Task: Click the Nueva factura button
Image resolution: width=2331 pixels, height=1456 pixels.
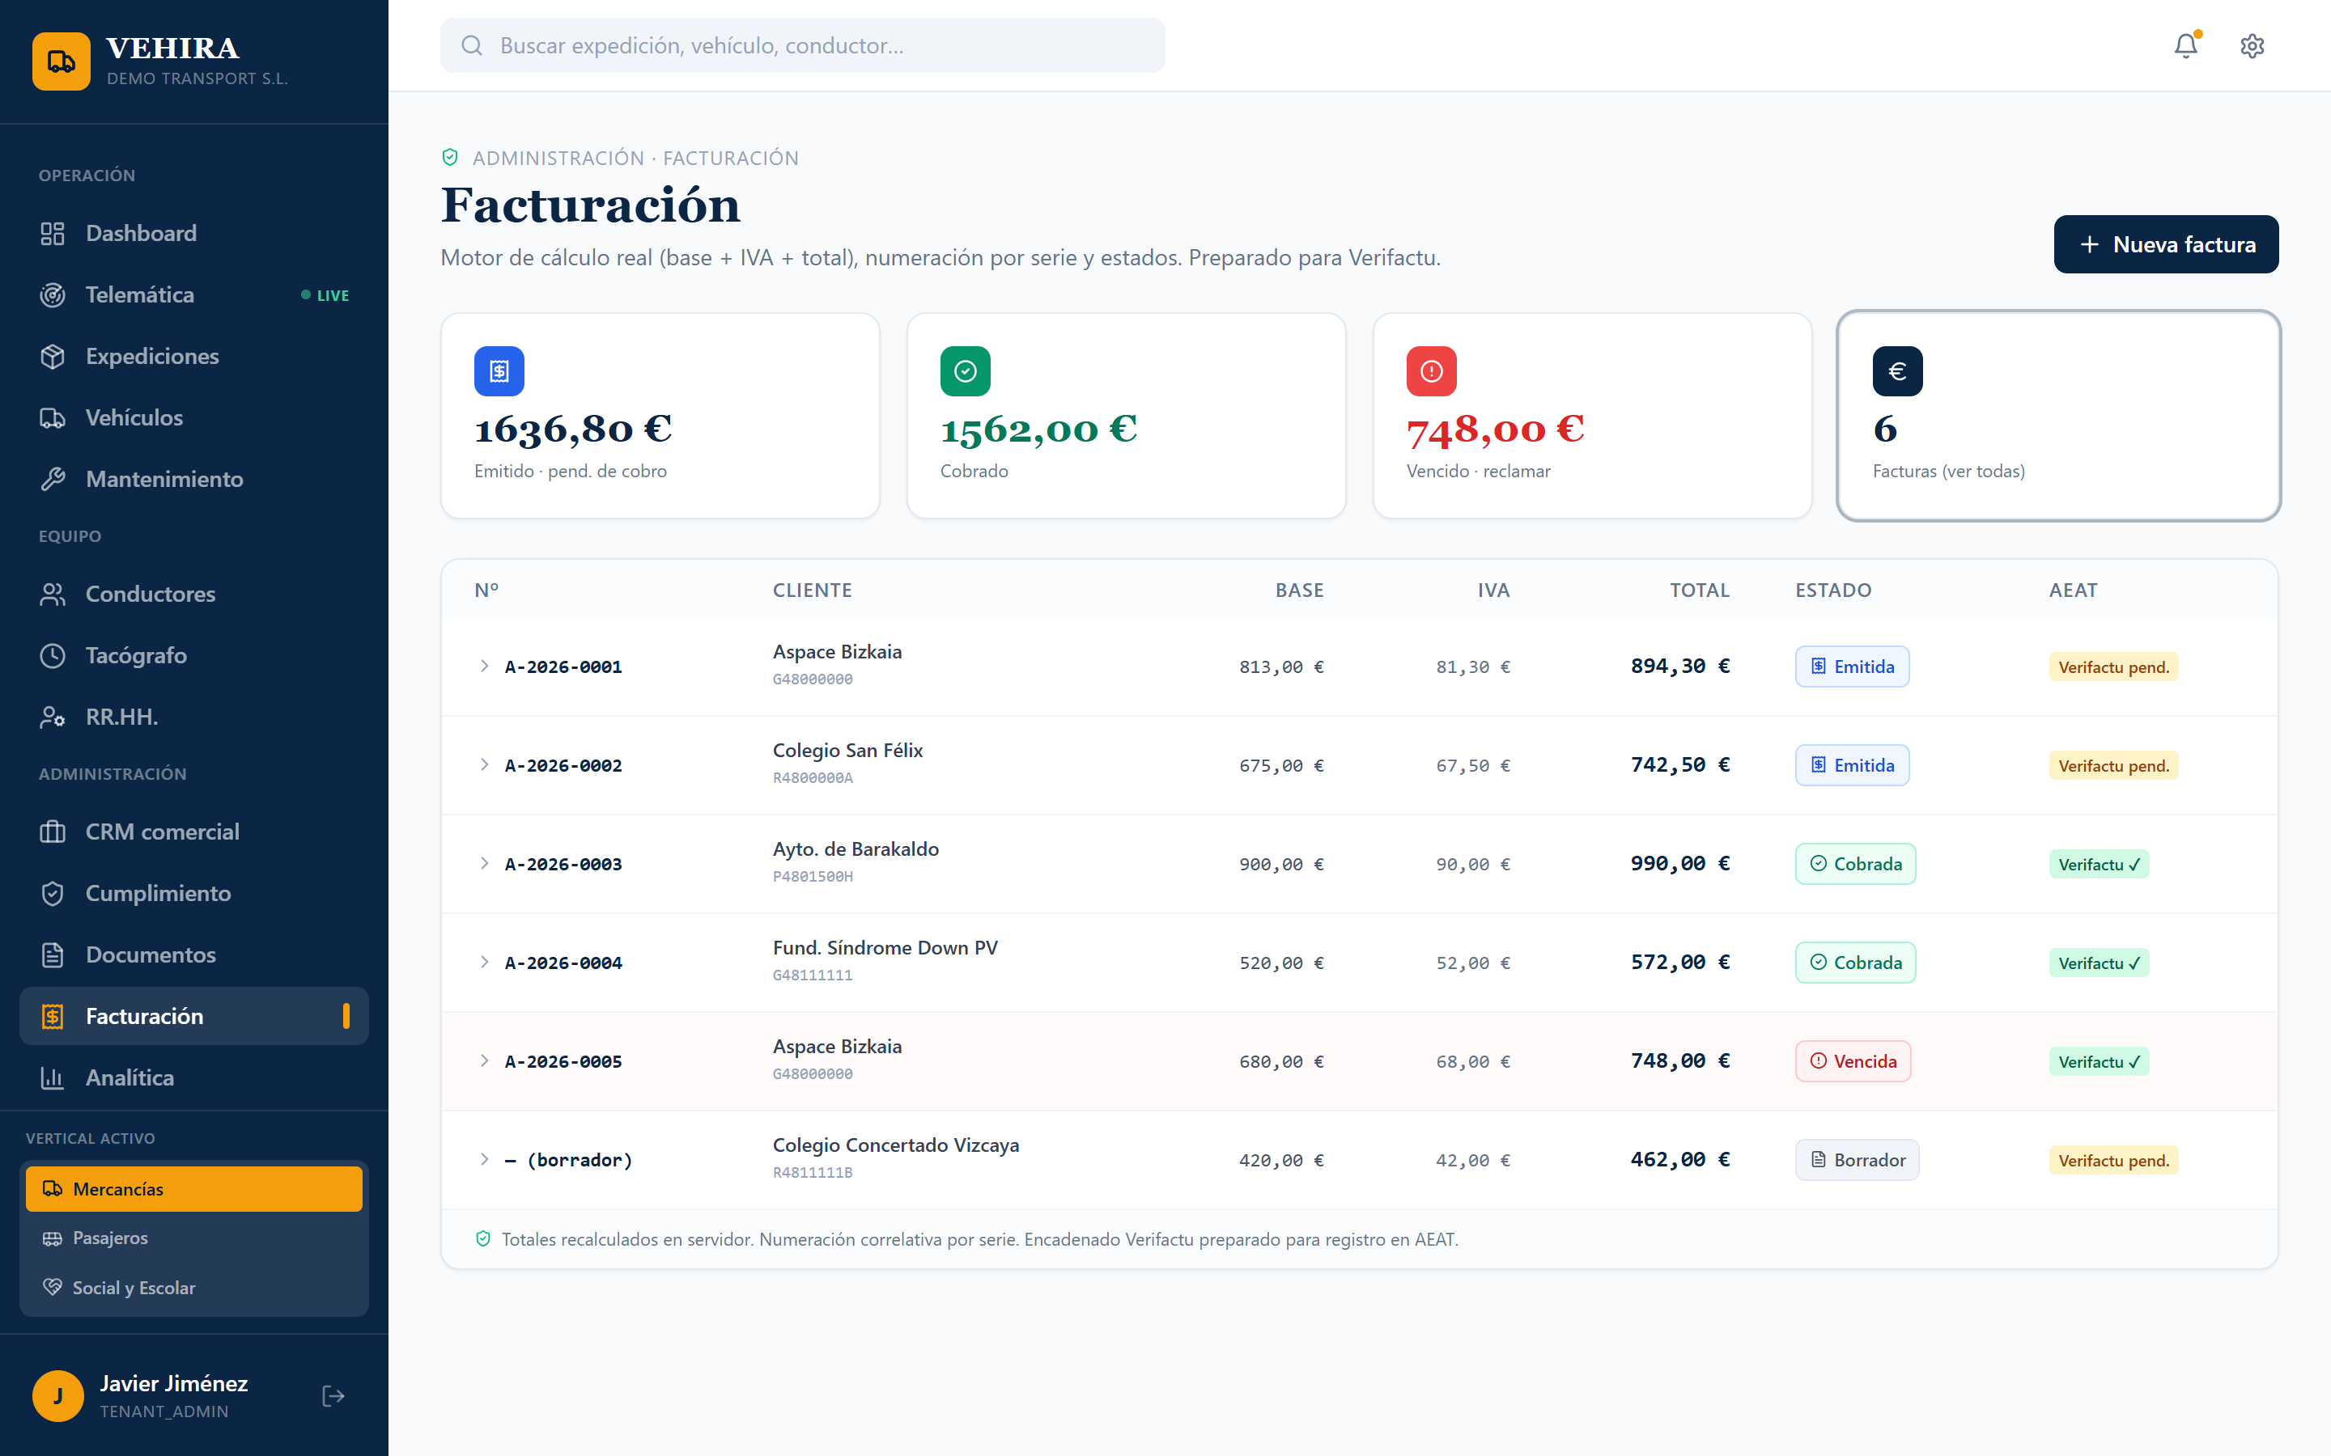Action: [2165, 244]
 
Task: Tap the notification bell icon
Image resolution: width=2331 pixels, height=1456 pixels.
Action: [2185, 45]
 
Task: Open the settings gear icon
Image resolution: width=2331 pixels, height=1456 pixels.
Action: [2252, 46]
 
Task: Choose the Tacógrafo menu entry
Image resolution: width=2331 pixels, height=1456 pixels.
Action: [136, 656]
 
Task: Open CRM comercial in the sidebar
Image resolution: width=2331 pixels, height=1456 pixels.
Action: [162, 832]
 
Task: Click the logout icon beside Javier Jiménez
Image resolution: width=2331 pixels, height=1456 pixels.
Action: [333, 1395]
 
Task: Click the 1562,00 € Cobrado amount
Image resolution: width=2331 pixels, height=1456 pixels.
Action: [1038, 430]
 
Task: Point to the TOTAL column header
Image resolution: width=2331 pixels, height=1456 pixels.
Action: [1699, 590]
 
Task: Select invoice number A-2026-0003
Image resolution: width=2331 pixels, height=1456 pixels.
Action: [563, 864]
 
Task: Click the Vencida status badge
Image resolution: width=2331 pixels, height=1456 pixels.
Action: [1853, 1061]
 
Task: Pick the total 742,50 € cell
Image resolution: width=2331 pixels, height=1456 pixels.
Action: [1680, 764]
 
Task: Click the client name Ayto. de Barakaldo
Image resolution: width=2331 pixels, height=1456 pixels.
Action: [856, 849]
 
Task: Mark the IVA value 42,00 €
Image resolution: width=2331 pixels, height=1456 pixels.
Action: [1473, 1161]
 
